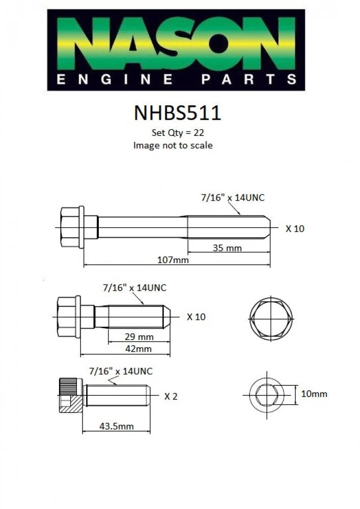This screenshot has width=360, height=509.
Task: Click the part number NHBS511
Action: [177, 113]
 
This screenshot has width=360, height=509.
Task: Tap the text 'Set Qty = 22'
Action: [178, 132]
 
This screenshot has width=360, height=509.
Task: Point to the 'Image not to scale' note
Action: [173, 145]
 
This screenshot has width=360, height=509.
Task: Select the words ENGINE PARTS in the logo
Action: [176, 79]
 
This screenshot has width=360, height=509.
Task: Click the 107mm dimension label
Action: [173, 260]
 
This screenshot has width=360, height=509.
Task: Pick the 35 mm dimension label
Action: [227, 248]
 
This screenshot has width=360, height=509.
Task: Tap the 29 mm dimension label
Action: [139, 336]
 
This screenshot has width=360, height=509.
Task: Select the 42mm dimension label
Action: [139, 349]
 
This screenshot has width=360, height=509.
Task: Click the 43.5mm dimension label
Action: [116, 426]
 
